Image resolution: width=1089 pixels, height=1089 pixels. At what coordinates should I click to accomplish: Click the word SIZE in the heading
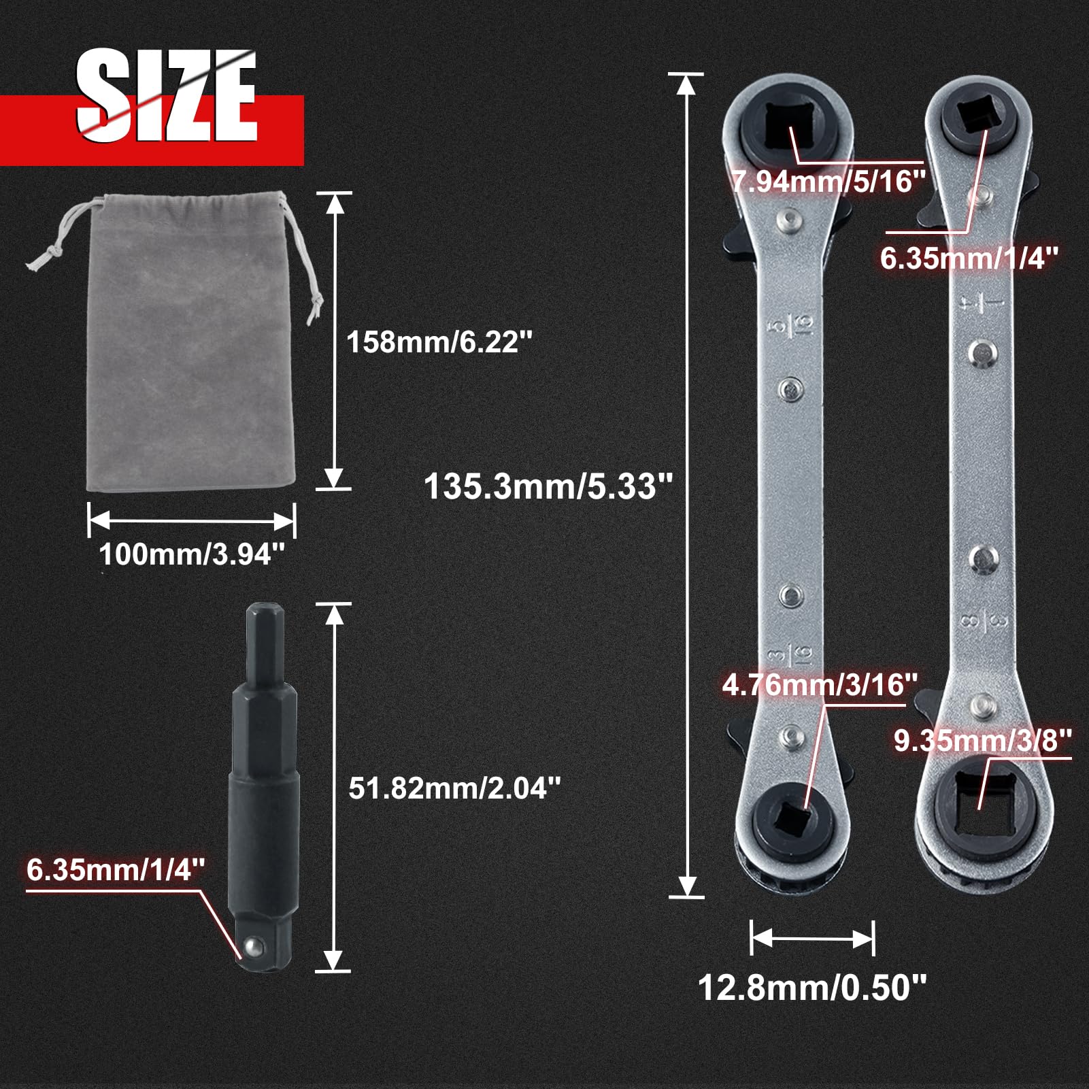pyautogui.click(x=166, y=95)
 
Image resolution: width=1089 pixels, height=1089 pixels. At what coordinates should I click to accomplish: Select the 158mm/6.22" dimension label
pyautogui.click(x=439, y=341)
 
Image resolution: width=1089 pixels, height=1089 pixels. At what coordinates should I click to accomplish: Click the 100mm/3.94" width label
pyautogui.click(x=191, y=554)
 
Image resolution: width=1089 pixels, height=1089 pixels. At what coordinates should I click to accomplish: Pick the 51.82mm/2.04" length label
pyautogui.click(x=454, y=788)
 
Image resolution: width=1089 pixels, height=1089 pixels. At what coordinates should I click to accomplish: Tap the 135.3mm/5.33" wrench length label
pyautogui.click(x=548, y=487)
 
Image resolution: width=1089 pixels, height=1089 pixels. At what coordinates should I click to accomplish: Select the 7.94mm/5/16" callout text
pyautogui.click(x=829, y=182)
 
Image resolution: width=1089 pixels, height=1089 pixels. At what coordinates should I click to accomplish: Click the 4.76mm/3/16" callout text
pyautogui.click(x=820, y=684)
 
